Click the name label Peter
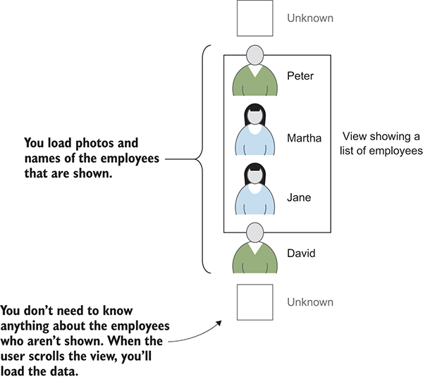coord(300,76)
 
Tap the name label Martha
coord(304,138)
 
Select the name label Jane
coord(299,197)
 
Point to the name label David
coord(301,254)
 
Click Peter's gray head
coord(255,55)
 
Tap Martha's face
coord(255,116)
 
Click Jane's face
coord(255,175)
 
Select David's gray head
coord(255,232)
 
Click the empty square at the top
coord(255,18)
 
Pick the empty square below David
coord(255,302)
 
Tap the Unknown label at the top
coord(310,18)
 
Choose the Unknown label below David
coord(310,302)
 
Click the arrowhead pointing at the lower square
coord(219,323)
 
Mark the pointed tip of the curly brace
coord(195,159)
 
